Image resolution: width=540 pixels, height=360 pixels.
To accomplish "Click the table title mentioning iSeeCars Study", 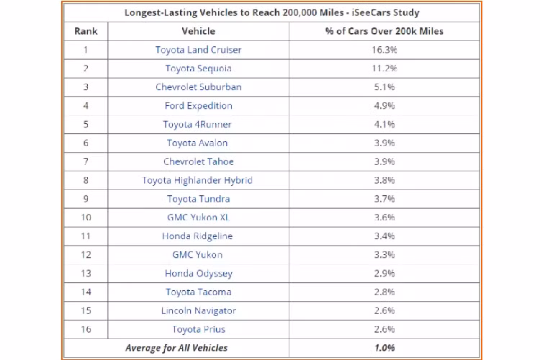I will (x=271, y=13).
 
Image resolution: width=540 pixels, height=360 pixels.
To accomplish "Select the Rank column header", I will (x=86, y=32).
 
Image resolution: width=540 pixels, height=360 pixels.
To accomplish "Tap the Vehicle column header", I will (x=198, y=32).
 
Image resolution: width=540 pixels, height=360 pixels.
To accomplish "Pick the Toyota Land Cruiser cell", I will (x=198, y=50).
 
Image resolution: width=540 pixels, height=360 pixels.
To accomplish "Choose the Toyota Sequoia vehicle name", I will (x=198, y=68).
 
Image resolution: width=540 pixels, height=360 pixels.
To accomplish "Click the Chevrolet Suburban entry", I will (x=198, y=87).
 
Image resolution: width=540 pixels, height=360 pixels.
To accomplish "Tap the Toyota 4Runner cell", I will (x=198, y=125).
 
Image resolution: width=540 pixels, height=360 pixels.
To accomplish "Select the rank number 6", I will (x=86, y=143).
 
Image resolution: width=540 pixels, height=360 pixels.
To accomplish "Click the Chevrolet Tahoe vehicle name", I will (x=198, y=162).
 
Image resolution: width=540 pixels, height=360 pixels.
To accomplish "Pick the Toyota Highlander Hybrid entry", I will (x=198, y=181).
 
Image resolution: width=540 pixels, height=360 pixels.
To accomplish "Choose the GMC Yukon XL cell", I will (x=198, y=217).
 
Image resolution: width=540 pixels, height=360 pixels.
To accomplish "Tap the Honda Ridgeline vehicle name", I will (x=198, y=236).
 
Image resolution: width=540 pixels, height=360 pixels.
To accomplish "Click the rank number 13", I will (x=86, y=274).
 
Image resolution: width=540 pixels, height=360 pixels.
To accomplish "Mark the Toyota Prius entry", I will (x=198, y=330).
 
